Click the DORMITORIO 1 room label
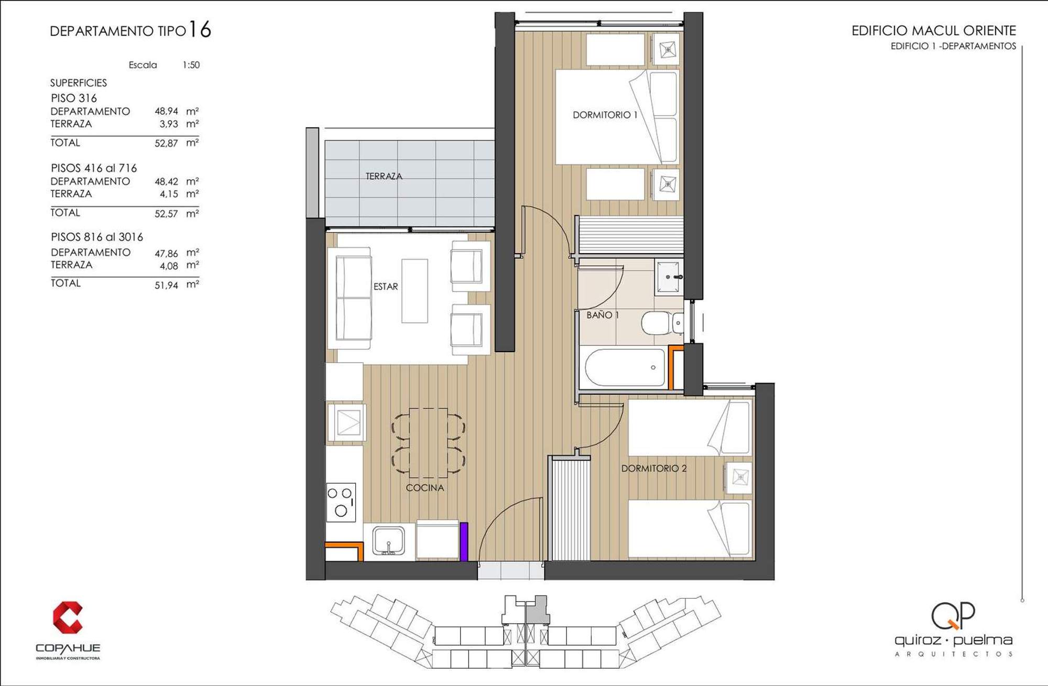click(x=605, y=115)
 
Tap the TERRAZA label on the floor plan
click(x=384, y=177)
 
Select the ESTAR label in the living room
click(x=386, y=287)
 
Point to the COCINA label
click(x=425, y=488)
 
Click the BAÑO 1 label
click(x=603, y=315)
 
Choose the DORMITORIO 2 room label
click(x=654, y=469)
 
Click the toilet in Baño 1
click(x=662, y=323)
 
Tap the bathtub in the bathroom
click(x=625, y=368)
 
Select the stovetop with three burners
click(x=341, y=502)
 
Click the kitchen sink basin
click(x=388, y=541)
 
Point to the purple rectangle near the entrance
click(x=464, y=542)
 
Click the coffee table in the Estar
click(x=414, y=291)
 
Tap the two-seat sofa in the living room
click(x=350, y=298)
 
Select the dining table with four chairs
click(x=428, y=443)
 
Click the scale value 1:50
click(x=191, y=65)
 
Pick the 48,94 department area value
click(x=166, y=111)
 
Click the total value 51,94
click(x=166, y=285)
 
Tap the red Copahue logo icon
click(x=68, y=617)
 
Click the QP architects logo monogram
click(x=953, y=616)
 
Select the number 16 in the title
click(x=200, y=29)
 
